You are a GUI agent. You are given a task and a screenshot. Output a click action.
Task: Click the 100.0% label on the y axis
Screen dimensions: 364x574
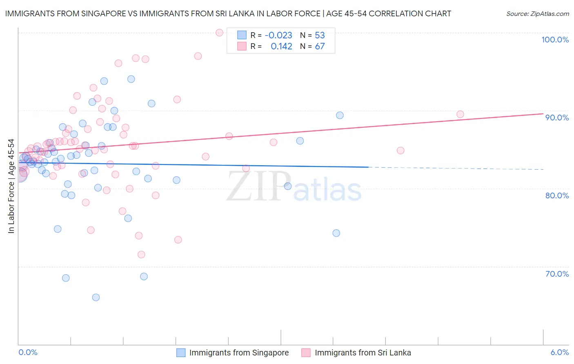(555, 40)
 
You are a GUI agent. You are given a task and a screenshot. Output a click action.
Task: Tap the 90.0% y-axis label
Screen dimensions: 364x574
(557, 118)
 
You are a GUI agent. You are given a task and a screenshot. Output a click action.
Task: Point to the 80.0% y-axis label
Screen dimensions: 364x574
(557, 195)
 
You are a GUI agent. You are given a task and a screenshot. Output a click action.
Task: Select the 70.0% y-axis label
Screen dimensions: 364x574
(557, 274)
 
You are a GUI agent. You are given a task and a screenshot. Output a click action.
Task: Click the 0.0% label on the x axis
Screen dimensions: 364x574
(28, 352)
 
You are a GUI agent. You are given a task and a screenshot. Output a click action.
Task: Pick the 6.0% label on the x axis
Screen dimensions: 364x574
(559, 352)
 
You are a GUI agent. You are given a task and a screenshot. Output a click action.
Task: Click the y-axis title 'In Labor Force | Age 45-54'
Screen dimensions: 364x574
(11, 186)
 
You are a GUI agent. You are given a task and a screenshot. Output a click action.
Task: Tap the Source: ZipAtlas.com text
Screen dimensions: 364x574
(537, 13)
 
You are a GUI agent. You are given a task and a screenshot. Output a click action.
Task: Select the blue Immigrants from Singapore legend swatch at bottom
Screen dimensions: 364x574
(181, 353)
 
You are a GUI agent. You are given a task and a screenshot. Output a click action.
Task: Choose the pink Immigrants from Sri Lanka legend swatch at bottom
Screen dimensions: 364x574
(306, 353)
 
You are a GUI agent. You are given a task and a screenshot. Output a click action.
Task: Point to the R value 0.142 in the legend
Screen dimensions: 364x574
(281, 46)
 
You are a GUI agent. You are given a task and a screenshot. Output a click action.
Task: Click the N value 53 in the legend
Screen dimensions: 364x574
(320, 35)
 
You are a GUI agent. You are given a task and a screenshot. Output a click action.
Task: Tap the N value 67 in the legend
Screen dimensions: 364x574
(320, 46)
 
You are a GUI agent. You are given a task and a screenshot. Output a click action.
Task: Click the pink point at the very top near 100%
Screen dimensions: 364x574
(219, 33)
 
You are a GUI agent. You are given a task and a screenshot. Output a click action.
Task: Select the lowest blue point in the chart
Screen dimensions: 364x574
(96, 297)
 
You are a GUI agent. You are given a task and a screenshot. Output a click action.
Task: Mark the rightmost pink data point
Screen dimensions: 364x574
(460, 114)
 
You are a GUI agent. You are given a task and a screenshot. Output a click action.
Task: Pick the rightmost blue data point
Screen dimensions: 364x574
(340, 115)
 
